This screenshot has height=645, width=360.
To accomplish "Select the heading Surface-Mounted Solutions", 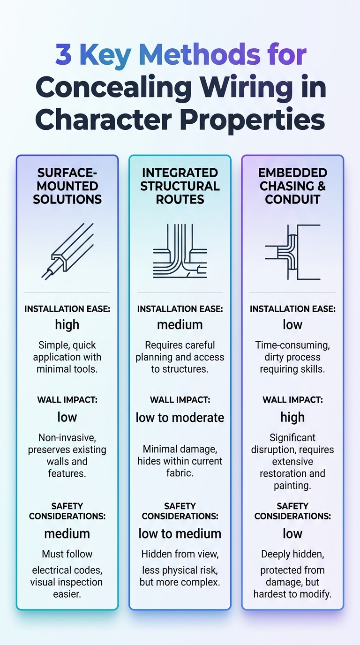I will pyautogui.click(x=67, y=186).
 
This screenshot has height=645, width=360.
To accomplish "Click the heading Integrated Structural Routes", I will pyautogui.click(x=180, y=186).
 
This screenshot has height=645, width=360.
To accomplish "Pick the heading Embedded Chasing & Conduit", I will pyautogui.click(x=292, y=186).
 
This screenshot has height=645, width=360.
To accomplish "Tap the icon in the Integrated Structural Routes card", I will pyautogui.click(x=180, y=252).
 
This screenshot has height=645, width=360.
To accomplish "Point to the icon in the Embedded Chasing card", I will pyautogui.click(x=292, y=252).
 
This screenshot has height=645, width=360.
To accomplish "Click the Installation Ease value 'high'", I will pyautogui.click(x=67, y=324).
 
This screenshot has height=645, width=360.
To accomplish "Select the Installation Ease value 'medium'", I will pyautogui.click(x=180, y=324).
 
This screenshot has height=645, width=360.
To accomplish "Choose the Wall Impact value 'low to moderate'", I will pyautogui.click(x=180, y=417).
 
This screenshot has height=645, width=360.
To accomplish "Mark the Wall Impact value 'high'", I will pyautogui.click(x=292, y=417).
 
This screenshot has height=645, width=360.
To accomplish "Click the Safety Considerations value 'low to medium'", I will pyautogui.click(x=180, y=533).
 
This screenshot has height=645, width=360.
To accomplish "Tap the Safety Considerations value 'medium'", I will pyautogui.click(x=67, y=533).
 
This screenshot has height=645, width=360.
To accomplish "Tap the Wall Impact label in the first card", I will pyautogui.click(x=67, y=400).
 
